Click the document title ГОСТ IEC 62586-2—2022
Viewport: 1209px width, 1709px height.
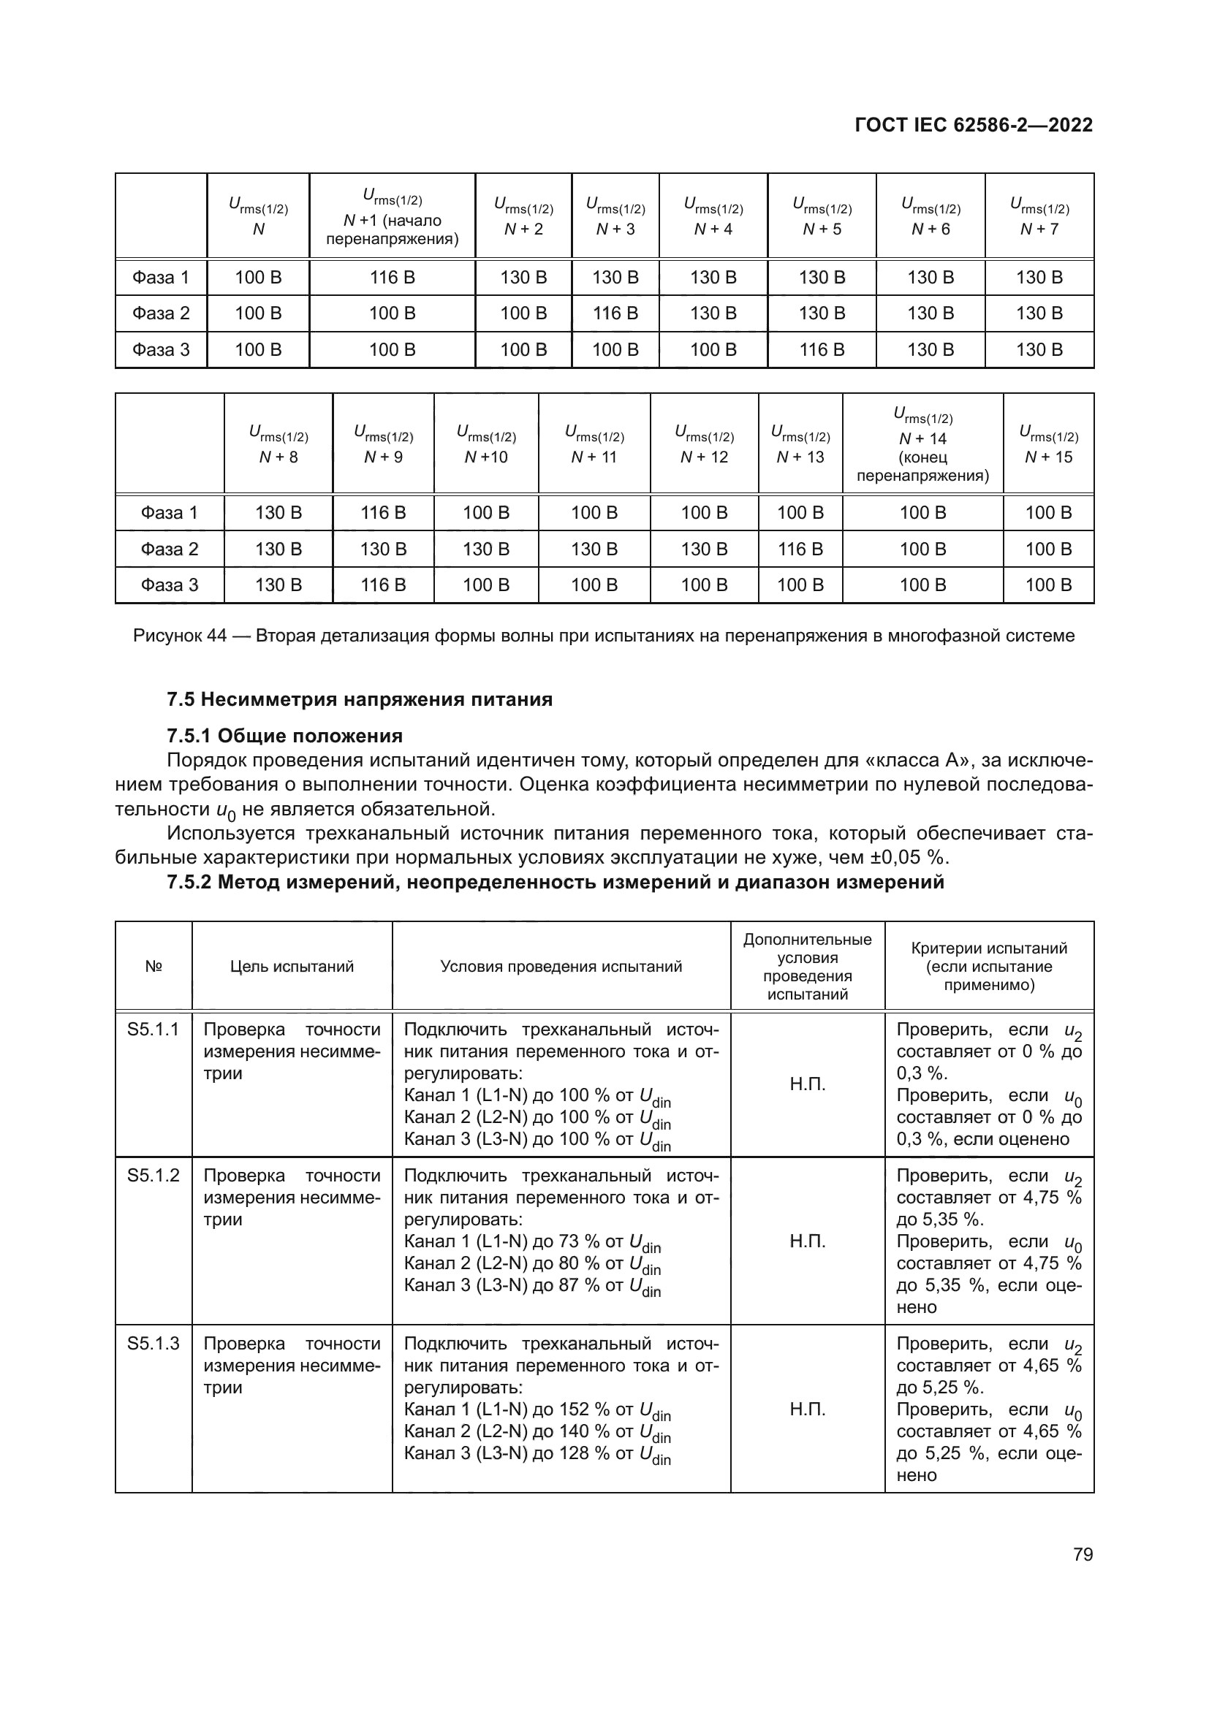click(973, 125)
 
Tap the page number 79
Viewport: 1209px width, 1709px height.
click(1083, 1554)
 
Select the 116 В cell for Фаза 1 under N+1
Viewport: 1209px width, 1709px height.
click(393, 278)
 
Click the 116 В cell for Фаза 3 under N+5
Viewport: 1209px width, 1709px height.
click(822, 350)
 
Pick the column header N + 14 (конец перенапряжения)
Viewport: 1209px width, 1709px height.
click(922, 444)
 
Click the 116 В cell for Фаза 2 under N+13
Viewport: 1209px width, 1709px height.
click(800, 549)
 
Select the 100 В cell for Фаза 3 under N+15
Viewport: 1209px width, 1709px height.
click(1048, 585)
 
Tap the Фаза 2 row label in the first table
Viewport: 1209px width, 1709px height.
click(161, 313)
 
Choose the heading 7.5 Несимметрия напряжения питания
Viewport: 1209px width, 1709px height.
click(360, 700)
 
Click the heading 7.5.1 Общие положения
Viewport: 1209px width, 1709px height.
click(284, 736)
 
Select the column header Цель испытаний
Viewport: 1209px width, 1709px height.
click(292, 966)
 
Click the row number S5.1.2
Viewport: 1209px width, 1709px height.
click(154, 1176)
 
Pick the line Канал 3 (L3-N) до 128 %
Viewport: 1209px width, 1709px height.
click(537, 1453)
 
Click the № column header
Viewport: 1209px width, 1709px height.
click(154, 966)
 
